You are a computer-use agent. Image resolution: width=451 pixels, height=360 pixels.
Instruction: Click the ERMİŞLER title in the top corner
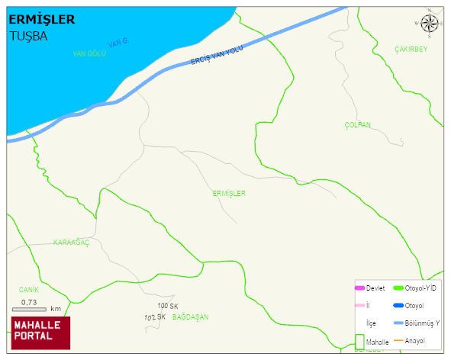click(x=42, y=20)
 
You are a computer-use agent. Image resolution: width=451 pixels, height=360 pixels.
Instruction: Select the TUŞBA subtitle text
click(x=28, y=35)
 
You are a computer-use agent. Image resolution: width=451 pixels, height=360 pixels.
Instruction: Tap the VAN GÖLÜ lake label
click(x=89, y=53)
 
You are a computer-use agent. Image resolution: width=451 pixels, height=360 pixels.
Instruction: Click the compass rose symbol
click(x=430, y=23)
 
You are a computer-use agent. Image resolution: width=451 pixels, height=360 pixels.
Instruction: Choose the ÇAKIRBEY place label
click(x=411, y=50)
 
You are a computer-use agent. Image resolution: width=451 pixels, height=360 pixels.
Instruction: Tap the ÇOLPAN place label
click(x=357, y=124)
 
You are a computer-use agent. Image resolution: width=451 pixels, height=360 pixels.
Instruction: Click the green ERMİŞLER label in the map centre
click(x=229, y=194)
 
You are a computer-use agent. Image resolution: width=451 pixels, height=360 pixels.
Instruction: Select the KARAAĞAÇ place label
click(x=72, y=243)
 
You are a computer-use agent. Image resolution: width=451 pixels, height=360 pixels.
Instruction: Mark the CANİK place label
click(x=29, y=290)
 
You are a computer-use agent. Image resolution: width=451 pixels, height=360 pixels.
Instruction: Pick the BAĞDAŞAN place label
click(x=190, y=317)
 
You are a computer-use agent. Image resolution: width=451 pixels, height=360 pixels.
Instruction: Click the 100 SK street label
click(x=168, y=306)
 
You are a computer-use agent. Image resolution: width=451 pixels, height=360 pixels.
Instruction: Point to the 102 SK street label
click(x=154, y=317)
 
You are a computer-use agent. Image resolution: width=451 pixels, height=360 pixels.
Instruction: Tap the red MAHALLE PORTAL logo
click(x=40, y=330)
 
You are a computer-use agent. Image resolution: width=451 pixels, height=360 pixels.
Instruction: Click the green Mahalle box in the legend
click(x=360, y=342)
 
